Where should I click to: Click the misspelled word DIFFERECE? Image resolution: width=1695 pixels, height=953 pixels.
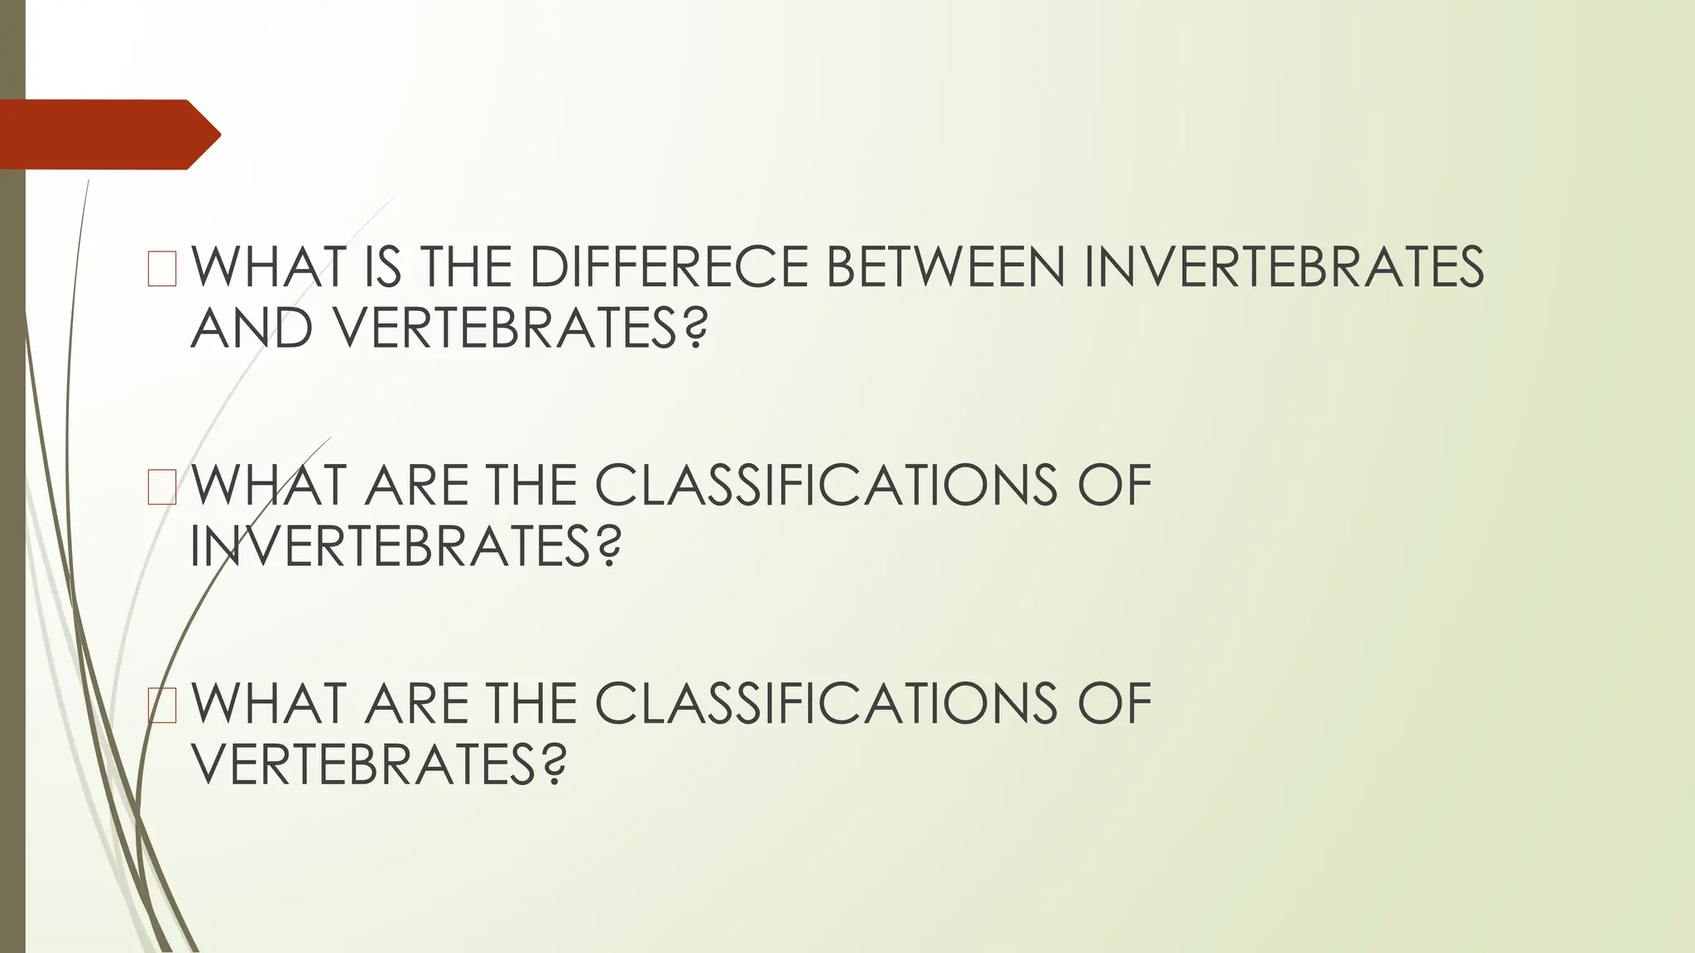(x=668, y=267)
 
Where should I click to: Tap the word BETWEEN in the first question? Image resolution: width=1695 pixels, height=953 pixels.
(x=945, y=267)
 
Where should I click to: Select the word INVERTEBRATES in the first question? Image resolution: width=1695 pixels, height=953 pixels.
(x=1283, y=267)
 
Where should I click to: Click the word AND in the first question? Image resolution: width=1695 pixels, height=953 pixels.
(x=252, y=328)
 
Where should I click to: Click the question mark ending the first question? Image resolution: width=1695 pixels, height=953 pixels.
(x=696, y=328)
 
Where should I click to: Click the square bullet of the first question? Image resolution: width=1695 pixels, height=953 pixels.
(x=162, y=268)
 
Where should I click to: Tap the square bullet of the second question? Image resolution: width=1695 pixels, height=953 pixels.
(x=162, y=486)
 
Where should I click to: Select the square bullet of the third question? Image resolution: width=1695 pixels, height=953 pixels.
(x=162, y=704)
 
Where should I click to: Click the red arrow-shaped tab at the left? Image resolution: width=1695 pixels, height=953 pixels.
(x=108, y=134)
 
